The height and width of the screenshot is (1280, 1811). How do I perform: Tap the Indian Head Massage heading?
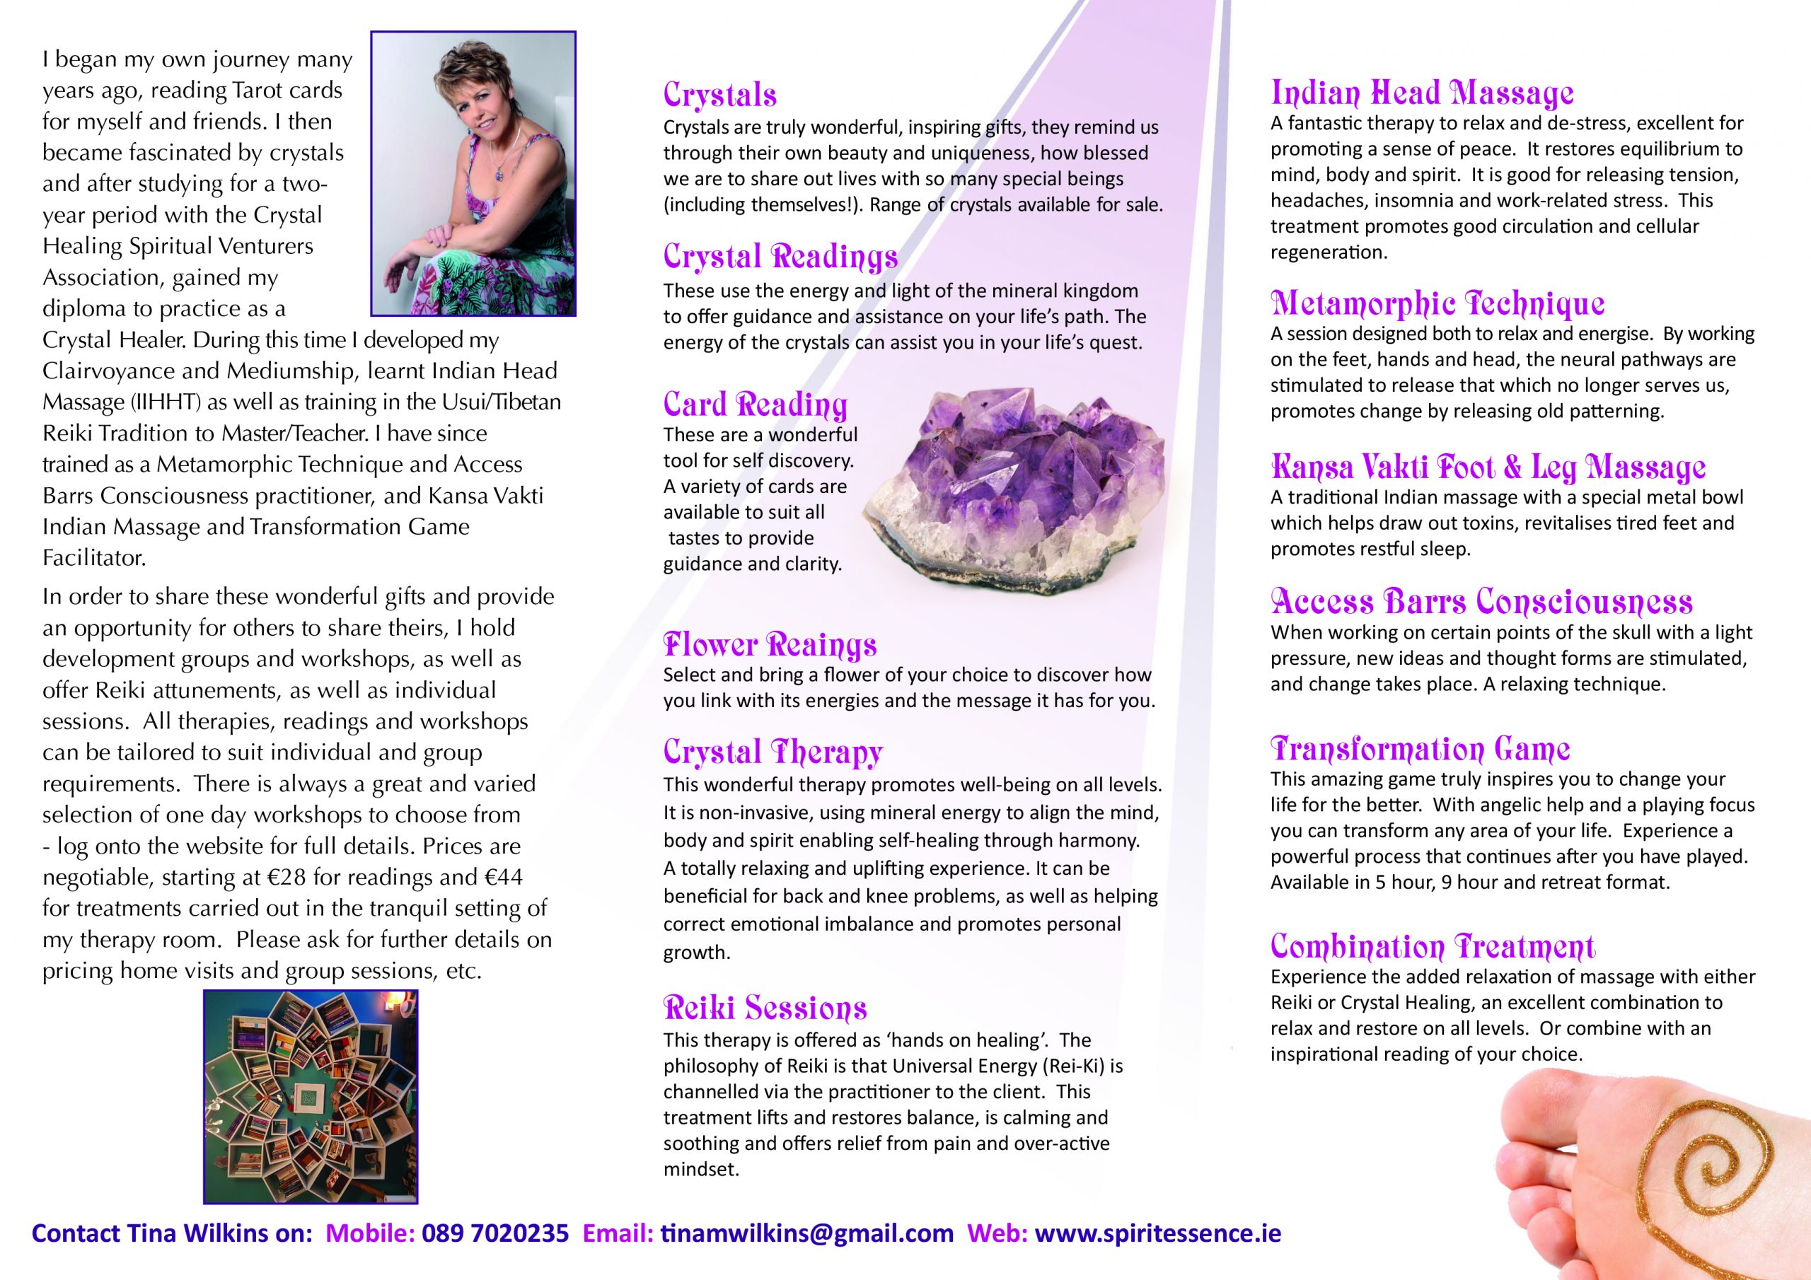1421,93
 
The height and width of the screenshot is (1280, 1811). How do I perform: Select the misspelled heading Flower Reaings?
769,644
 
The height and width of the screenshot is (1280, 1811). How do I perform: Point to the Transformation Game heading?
1420,747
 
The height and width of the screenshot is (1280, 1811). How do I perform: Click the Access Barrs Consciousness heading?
1481,602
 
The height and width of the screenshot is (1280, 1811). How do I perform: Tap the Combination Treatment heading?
1433,946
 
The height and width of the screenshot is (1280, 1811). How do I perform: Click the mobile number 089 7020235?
494,1233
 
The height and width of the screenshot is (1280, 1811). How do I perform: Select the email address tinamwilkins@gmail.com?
806,1233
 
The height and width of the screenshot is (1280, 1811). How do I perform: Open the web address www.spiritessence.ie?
1157,1233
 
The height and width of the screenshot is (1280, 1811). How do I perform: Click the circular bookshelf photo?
310,1096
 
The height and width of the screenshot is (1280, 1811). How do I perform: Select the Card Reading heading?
755,405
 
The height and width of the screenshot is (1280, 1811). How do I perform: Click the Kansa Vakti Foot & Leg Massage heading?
1488,467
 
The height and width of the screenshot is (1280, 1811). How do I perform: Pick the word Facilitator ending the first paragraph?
94,557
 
